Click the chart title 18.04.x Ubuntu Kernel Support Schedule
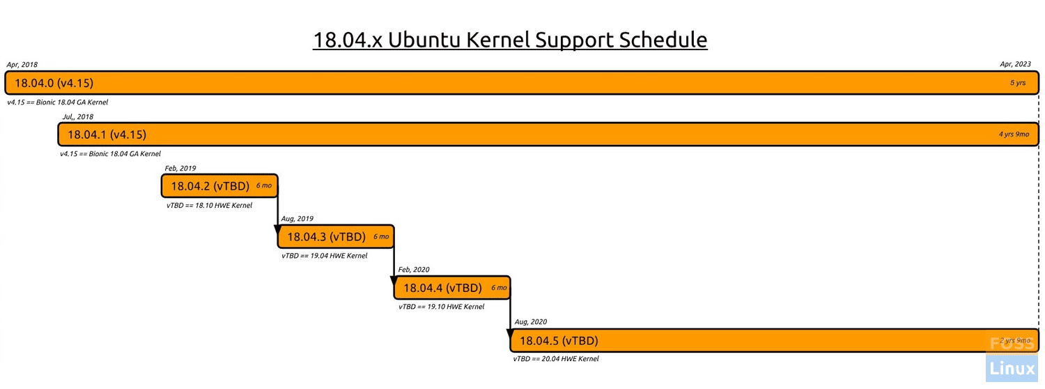tap(510, 40)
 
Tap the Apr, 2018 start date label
tap(22, 64)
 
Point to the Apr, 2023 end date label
tap(1015, 64)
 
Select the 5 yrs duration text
tap(1018, 83)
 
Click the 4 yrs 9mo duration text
tap(1014, 135)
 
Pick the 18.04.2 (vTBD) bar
tap(219, 186)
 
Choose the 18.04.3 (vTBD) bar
tap(336, 237)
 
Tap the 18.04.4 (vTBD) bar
tap(452, 288)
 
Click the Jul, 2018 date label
tap(78, 116)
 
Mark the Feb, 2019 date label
tap(180, 168)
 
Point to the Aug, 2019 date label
tap(297, 218)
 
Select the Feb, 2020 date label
tap(414, 270)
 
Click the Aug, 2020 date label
tap(531, 322)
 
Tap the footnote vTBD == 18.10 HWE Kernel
tap(210, 206)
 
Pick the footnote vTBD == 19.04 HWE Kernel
tap(325, 256)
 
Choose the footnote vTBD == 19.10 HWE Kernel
tap(441, 307)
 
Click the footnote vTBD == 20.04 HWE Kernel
tap(556, 358)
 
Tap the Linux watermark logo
tap(1012, 369)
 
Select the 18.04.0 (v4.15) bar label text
tap(54, 83)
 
